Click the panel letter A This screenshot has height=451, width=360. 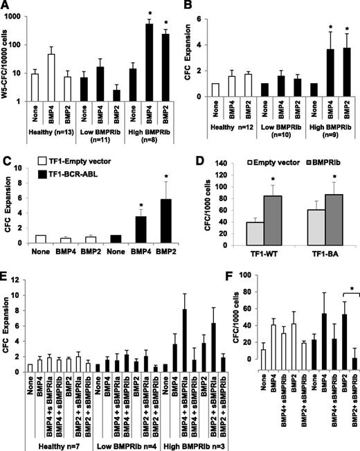tap(6, 6)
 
